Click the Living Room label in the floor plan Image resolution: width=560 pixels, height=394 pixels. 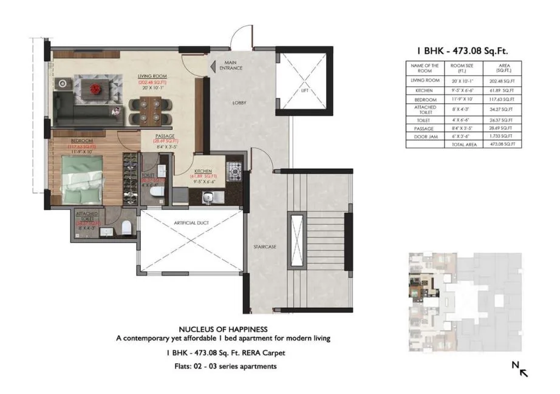point(148,75)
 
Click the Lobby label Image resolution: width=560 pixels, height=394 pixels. point(239,103)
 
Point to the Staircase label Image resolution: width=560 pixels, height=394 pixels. point(265,247)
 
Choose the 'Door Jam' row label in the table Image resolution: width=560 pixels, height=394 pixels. point(424,137)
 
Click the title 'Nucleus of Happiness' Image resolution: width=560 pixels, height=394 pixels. point(223,330)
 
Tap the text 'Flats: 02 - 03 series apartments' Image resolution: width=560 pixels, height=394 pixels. point(223,366)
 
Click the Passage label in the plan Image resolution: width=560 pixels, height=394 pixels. point(165,137)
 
